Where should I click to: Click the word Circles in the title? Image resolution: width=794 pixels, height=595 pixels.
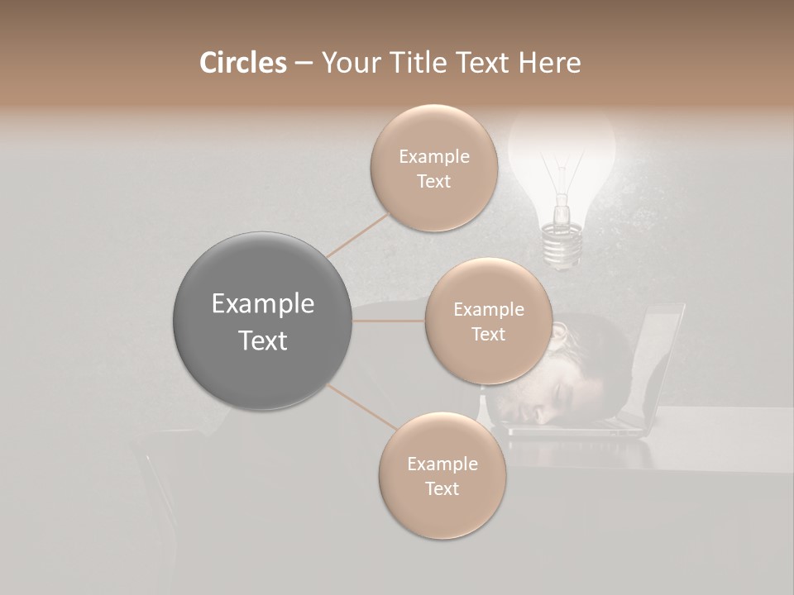(x=242, y=63)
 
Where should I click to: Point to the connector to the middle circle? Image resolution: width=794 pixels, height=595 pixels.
(x=389, y=321)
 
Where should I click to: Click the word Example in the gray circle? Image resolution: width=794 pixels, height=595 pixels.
(x=263, y=304)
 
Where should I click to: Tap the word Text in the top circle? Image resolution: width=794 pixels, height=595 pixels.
(x=433, y=182)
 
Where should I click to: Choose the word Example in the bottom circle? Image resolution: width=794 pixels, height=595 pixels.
(x=442, y=464)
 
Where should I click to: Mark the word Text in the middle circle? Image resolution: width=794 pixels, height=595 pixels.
(x=488, y=335)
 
